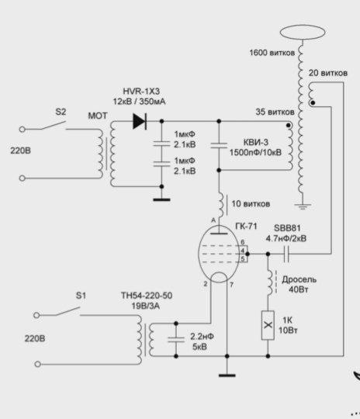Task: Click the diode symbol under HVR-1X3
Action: point(140,121)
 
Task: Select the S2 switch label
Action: point(61,112)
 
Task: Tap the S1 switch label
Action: point(81,296)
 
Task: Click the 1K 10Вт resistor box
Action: point(268,325)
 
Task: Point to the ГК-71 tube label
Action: point(246,226)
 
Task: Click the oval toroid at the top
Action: point(303,32)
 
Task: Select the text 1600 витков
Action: point(272,53)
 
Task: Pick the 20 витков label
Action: point(328,73)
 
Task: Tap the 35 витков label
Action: point(275,112)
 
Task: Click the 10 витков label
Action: point(251,204)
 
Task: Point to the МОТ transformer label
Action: point(98,116)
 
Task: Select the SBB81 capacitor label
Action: point(287,228)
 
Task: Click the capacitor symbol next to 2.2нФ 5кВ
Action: point(176,340)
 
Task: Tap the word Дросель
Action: point(299,279)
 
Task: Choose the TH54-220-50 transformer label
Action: point(147,296)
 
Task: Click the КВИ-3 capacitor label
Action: point(256,142)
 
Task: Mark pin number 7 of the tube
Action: point(231,285)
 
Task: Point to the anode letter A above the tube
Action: point(213,220)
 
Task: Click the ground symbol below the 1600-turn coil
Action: point(303,206)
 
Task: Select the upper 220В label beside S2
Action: point(21,151)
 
